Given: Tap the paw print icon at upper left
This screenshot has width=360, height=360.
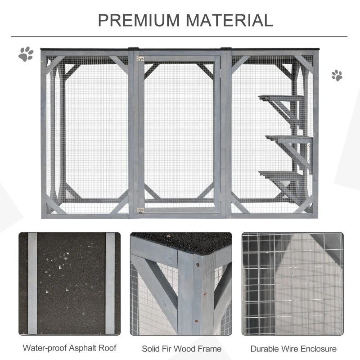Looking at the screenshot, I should (x=26, y=54).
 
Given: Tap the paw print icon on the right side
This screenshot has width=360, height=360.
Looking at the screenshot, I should (x=337, y=75).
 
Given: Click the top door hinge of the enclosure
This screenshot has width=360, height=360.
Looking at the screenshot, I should (x=140, y=58).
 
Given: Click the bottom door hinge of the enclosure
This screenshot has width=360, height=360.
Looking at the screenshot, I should (x=140, y=210).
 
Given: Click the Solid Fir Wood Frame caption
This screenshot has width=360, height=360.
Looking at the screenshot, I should (x=181, y=348).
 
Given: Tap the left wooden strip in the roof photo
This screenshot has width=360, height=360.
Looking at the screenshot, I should (x=32, y=283).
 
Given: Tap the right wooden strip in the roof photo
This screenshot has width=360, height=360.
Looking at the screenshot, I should (x=110, y=283).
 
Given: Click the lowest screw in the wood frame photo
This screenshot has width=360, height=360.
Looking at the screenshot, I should (x=196, y=321).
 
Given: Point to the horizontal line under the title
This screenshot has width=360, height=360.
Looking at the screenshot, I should (x=180, y=36).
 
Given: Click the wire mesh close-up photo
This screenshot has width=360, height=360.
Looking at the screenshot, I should (x=292, y=283).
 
